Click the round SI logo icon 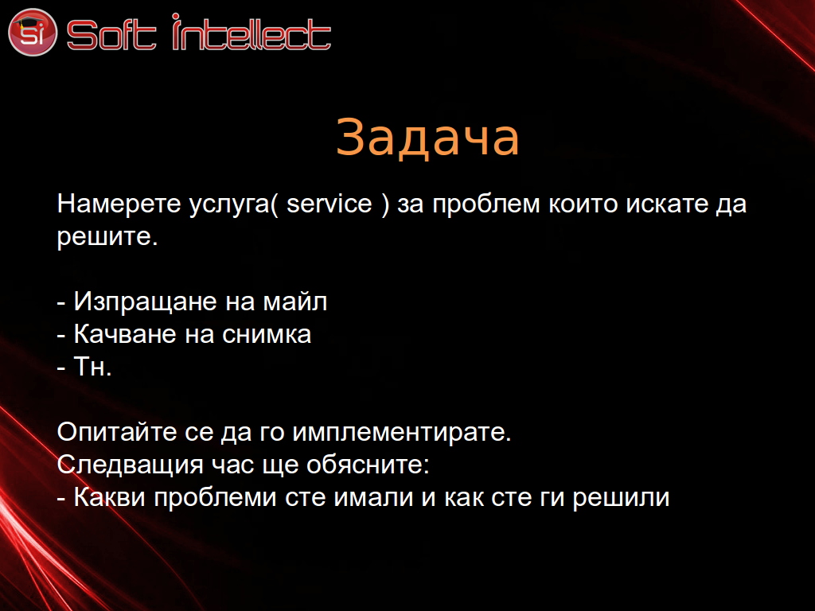click(32, 32)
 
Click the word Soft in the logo click(111, 35)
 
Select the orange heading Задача click(427, 137)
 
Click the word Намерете click(119, 203)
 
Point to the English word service click(330, 203)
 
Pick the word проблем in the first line click(486, 203)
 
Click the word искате click(667, 203)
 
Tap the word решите click(107, 236)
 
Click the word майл click(295, 302)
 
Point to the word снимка click(267, 334)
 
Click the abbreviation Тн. click(92, 366)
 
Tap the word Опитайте click(117, 432)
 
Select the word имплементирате click(402, 432)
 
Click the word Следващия click(130, 465)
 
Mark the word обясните click(368, 465)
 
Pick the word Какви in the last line click(110, 497)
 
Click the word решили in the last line click(621, 497)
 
